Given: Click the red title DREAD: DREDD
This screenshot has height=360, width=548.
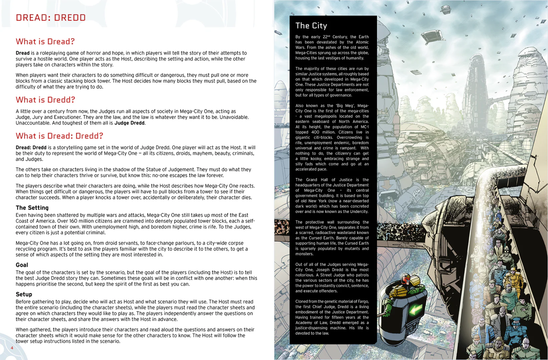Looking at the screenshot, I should pos(51,18).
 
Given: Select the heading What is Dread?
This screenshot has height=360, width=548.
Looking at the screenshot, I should pos(45,42).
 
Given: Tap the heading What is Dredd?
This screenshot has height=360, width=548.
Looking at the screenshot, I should pos(45,100).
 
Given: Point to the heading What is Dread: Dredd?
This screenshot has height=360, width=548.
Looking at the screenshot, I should pos(59,136).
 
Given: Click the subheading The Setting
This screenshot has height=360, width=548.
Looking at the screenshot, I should pos(32,208).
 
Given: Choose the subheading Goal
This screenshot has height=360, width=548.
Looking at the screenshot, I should pos(22,265).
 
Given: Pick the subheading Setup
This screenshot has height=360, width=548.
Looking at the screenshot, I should pos(24,294).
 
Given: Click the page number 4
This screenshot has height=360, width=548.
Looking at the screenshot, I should pos(12,348).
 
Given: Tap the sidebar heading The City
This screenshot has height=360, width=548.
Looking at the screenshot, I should pos(311,26).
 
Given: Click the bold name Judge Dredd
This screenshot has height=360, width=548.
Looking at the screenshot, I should pos(129,123).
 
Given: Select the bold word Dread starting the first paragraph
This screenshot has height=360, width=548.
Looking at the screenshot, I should pos(22,53).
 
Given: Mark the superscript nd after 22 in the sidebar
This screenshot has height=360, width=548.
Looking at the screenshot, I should pos(328,36).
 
